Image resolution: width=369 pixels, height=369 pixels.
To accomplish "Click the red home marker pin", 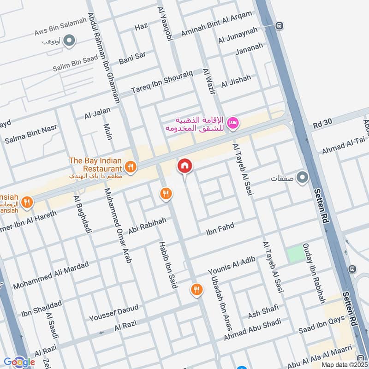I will click(184, 166).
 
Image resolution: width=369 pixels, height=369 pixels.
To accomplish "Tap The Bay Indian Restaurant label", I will click(95, 165).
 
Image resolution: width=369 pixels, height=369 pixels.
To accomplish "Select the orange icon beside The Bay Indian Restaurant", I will click(131, 167).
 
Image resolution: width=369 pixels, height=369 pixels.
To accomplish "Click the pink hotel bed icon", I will click(233, 122).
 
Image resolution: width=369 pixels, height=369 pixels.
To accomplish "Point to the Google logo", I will click(19, 362).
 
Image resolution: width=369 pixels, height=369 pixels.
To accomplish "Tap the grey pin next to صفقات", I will click(302, 178).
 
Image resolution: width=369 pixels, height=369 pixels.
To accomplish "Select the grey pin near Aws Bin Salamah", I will click(69, 42).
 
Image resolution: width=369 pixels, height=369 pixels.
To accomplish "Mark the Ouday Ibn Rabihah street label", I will click(314, 273).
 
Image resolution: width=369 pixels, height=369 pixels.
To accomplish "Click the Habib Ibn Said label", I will click(168, 265).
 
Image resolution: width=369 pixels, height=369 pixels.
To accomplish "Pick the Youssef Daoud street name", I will click(113, 313).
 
